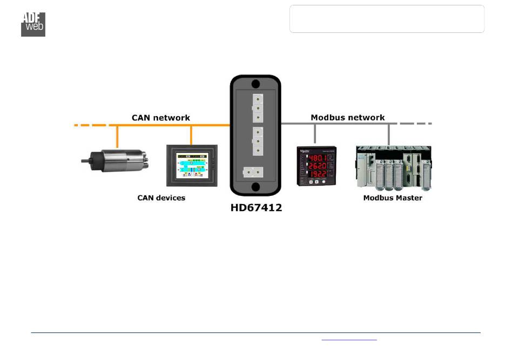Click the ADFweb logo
click(33, 24)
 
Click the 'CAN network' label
click(161, 117)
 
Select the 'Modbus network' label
click(348, 117)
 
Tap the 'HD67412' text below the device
click(256, 207)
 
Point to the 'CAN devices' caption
click(161, 198)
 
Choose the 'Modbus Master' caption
click(393, 198)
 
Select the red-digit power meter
click(317, 166)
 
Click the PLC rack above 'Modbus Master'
click(393, 167)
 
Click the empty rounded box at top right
click(387, 19)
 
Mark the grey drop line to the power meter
click(315, 135)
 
